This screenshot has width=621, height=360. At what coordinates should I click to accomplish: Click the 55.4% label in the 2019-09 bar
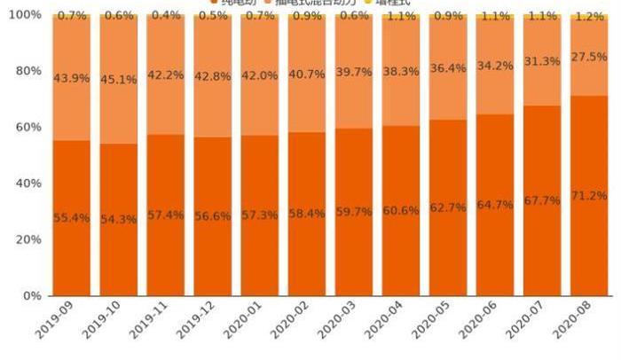coord(71,218)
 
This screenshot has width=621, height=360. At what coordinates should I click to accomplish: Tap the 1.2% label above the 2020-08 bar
coord(590,17)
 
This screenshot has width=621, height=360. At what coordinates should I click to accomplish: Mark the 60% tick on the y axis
coord(27,127)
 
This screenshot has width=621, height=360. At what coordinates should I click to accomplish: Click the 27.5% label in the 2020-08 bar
coord(590,57)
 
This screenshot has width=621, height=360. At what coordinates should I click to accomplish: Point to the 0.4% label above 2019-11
coord(165,16)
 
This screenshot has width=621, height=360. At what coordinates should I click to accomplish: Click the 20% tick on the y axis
coord(27,239)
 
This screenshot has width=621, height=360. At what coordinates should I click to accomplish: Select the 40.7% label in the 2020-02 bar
coord(307,74)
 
